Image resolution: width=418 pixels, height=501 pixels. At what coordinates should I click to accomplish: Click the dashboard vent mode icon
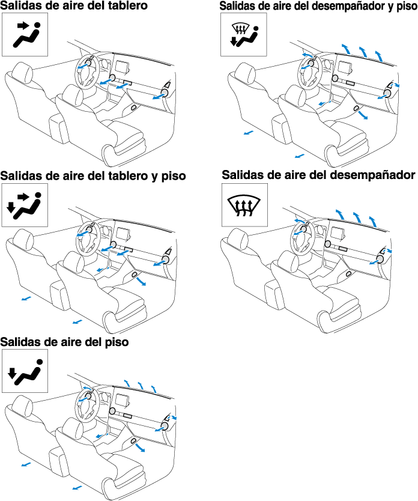25,34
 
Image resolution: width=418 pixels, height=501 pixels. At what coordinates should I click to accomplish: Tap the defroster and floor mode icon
244,34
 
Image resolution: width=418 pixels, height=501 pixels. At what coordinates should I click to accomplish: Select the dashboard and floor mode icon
25,205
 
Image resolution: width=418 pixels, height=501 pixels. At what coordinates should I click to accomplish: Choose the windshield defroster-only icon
244,205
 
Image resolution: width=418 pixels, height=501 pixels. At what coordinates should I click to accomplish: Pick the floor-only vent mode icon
25,371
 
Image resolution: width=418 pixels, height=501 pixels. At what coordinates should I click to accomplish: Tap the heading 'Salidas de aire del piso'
64,342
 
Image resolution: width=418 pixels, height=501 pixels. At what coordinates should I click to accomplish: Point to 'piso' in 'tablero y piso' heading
174,177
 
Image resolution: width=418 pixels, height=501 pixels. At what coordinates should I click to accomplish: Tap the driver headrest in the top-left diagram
22,72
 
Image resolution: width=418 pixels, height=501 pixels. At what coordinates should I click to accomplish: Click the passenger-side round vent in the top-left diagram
165,93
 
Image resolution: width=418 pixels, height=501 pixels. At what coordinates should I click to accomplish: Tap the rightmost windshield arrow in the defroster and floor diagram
379,55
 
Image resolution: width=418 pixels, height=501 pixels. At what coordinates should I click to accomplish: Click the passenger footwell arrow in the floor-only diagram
140,447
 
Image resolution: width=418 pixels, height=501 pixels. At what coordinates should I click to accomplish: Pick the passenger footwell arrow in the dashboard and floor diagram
141,281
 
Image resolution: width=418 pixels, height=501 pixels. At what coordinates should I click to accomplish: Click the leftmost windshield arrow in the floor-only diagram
127,383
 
